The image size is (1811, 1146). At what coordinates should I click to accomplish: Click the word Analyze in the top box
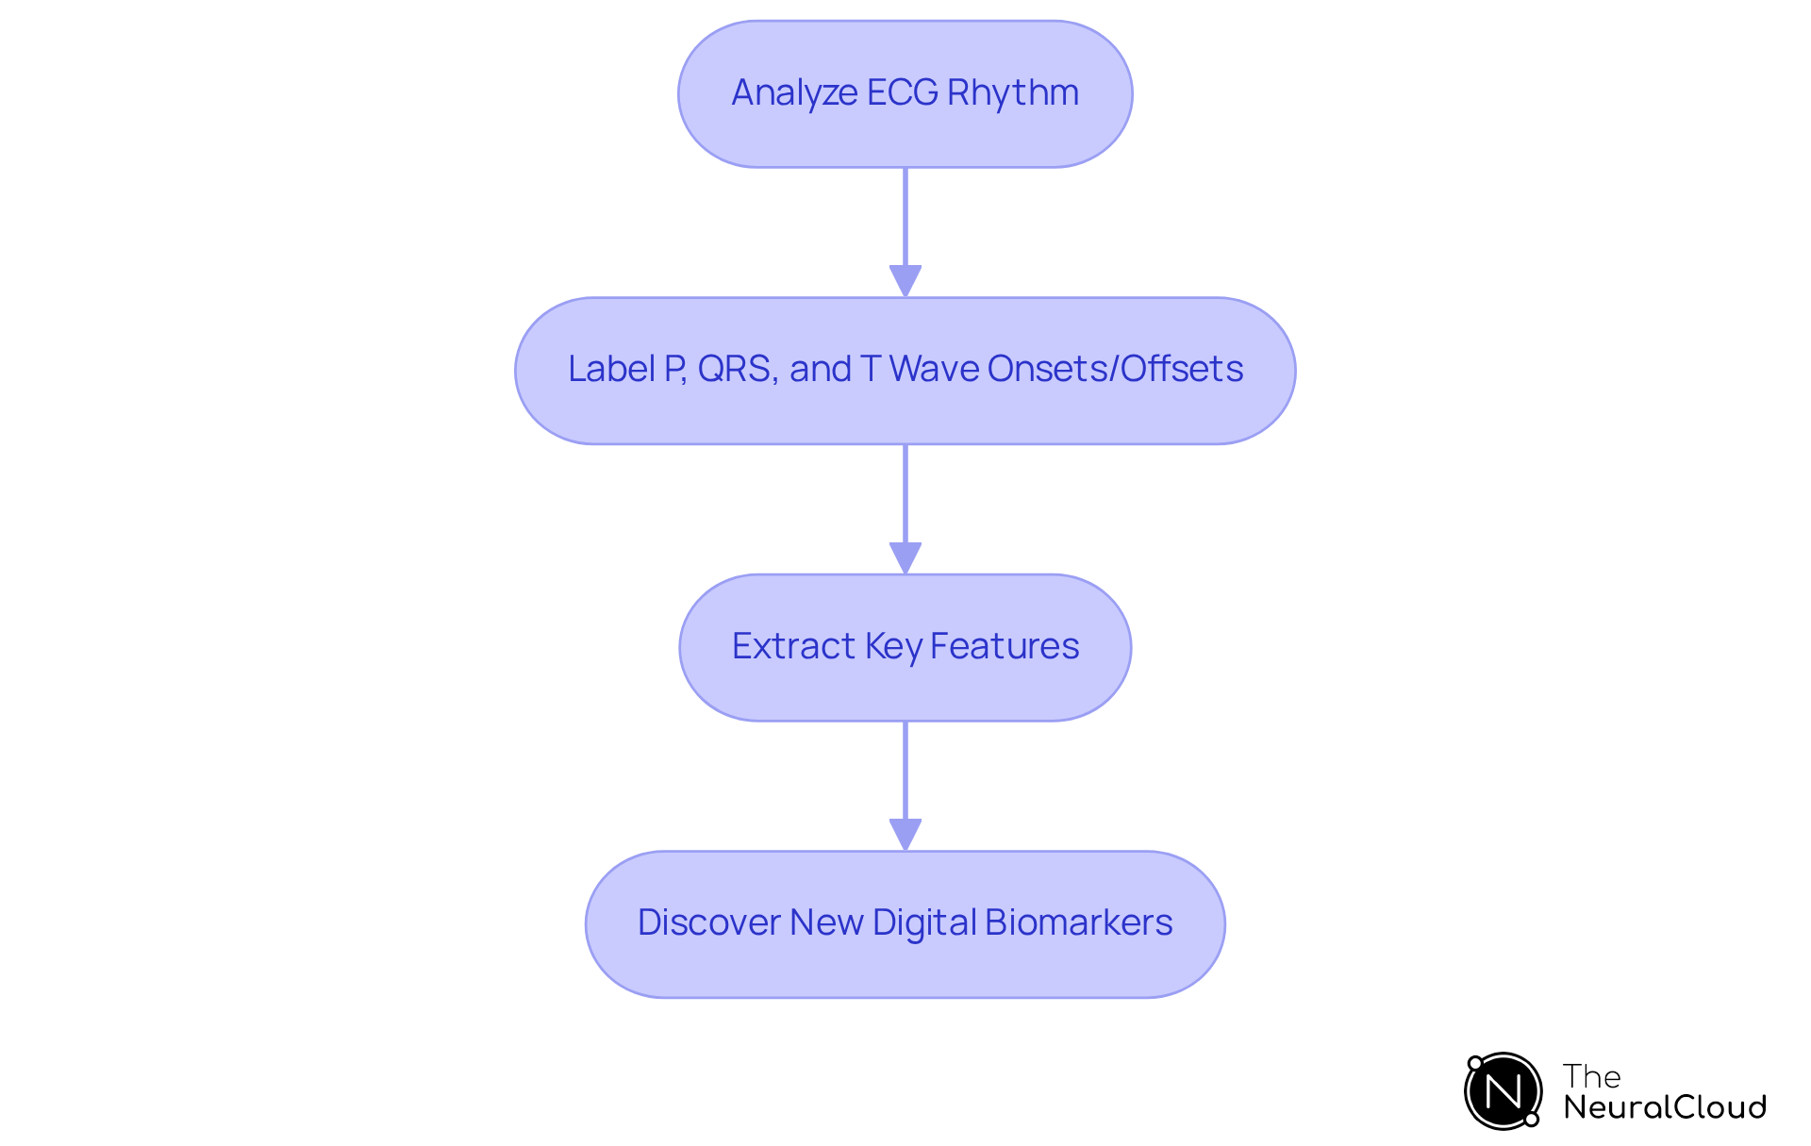pyautogui.click(x=794, y=93)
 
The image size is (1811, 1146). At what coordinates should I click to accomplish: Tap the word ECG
pyautogui.click(x=903, y=93)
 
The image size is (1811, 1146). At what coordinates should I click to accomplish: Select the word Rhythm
pyautogui.click(x=1013, y=93)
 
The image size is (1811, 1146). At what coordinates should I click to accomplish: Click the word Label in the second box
pyautogui.click(x=611, y=369)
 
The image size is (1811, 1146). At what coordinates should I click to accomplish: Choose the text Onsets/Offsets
pyautogui.click(x=1115, y=369)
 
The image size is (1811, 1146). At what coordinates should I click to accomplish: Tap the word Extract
pyautogui.click(x=793, y=646)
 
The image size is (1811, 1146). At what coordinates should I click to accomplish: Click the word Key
pyautogui.click(x=892, y=647)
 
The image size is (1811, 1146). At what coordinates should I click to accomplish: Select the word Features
pyautogui.click(x=1005, y=646)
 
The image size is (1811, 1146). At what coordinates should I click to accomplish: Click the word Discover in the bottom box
pyautogui.click(x=708, y=922)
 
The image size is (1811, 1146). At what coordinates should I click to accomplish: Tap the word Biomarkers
pyautogui.click(x=1078, y=922)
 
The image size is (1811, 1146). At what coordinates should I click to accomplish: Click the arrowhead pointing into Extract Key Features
pyautogui.click(x=905, y=558)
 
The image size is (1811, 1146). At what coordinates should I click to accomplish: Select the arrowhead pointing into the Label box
pyautogui.click(x=905, y=281)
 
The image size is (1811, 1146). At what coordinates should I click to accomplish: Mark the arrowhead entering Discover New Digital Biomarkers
pyautogui.click(x=905, y=835)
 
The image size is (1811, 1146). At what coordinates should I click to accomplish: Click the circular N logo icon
pyautogui.click(x=1503, y=1091)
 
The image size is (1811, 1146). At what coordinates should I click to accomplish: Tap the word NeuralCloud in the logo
pyautogui.click(x=1664, y=1106)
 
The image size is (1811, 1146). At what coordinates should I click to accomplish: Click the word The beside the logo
pyautogui.click(x=1591, y=1076)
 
